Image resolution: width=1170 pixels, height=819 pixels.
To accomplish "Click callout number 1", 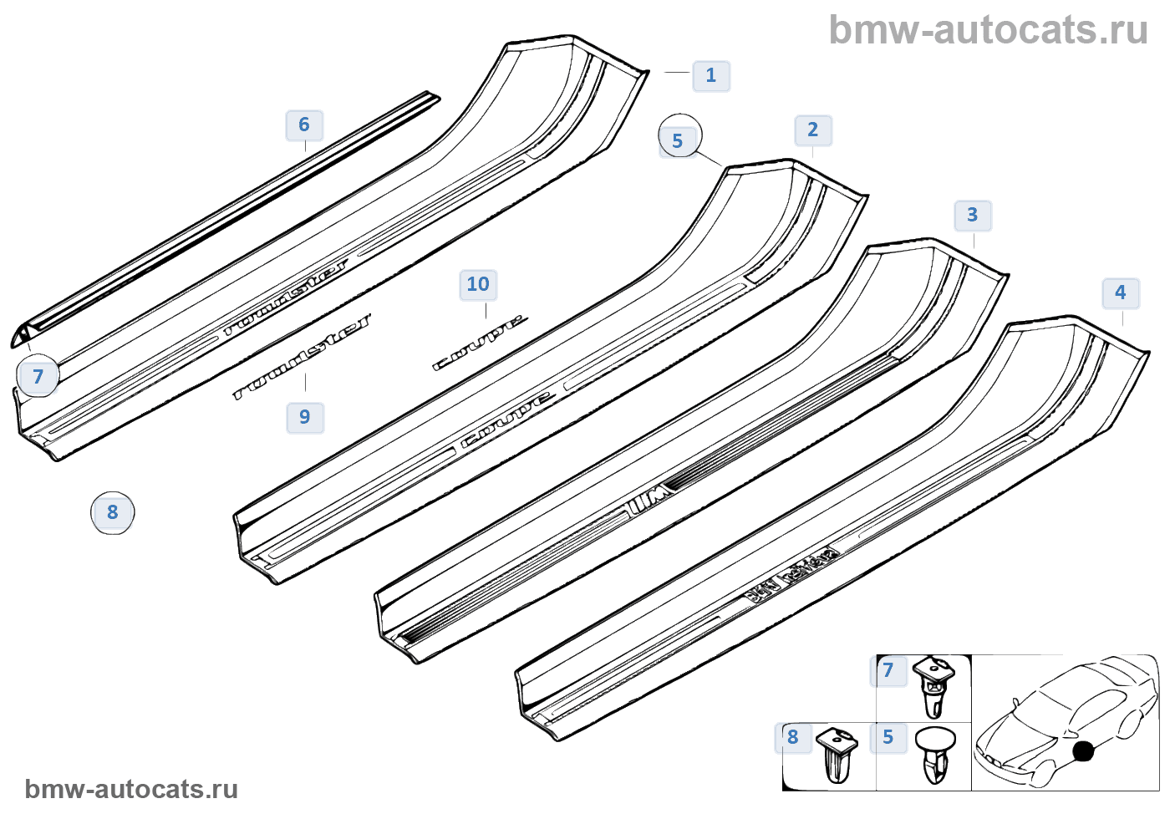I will click(711, 75).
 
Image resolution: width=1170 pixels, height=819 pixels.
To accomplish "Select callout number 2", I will click(812, 130).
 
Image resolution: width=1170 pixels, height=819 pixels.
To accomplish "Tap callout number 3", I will click(972, 215).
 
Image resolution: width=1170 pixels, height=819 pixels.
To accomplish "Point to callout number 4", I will click(1120, 292).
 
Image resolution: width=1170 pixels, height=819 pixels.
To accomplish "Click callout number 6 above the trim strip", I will click(304, 125).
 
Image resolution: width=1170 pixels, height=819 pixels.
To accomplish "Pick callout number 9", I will click(304, 416).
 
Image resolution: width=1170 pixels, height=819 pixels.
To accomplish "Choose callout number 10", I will click(478, 284).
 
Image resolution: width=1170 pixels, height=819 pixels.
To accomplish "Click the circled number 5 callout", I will click(679, 139).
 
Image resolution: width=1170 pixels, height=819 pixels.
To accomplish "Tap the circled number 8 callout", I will click(113, 511).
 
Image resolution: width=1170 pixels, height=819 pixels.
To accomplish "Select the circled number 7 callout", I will click(38, 376).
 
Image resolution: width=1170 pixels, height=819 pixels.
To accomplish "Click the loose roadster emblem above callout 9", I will click(303, 356).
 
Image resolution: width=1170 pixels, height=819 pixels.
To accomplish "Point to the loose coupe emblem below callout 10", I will click(480, 342).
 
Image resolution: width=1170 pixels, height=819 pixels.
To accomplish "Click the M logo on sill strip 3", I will click(650, 501).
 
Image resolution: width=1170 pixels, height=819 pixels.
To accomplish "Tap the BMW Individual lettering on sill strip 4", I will click(791, 575).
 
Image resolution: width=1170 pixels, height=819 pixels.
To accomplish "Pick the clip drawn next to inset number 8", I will click(837, 754).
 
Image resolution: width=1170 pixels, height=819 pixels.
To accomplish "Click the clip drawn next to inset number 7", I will click(933, 686).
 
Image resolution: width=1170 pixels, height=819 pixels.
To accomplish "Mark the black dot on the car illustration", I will click(1083, 750).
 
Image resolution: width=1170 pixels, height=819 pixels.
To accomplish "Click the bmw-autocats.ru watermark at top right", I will click(988, 30).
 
